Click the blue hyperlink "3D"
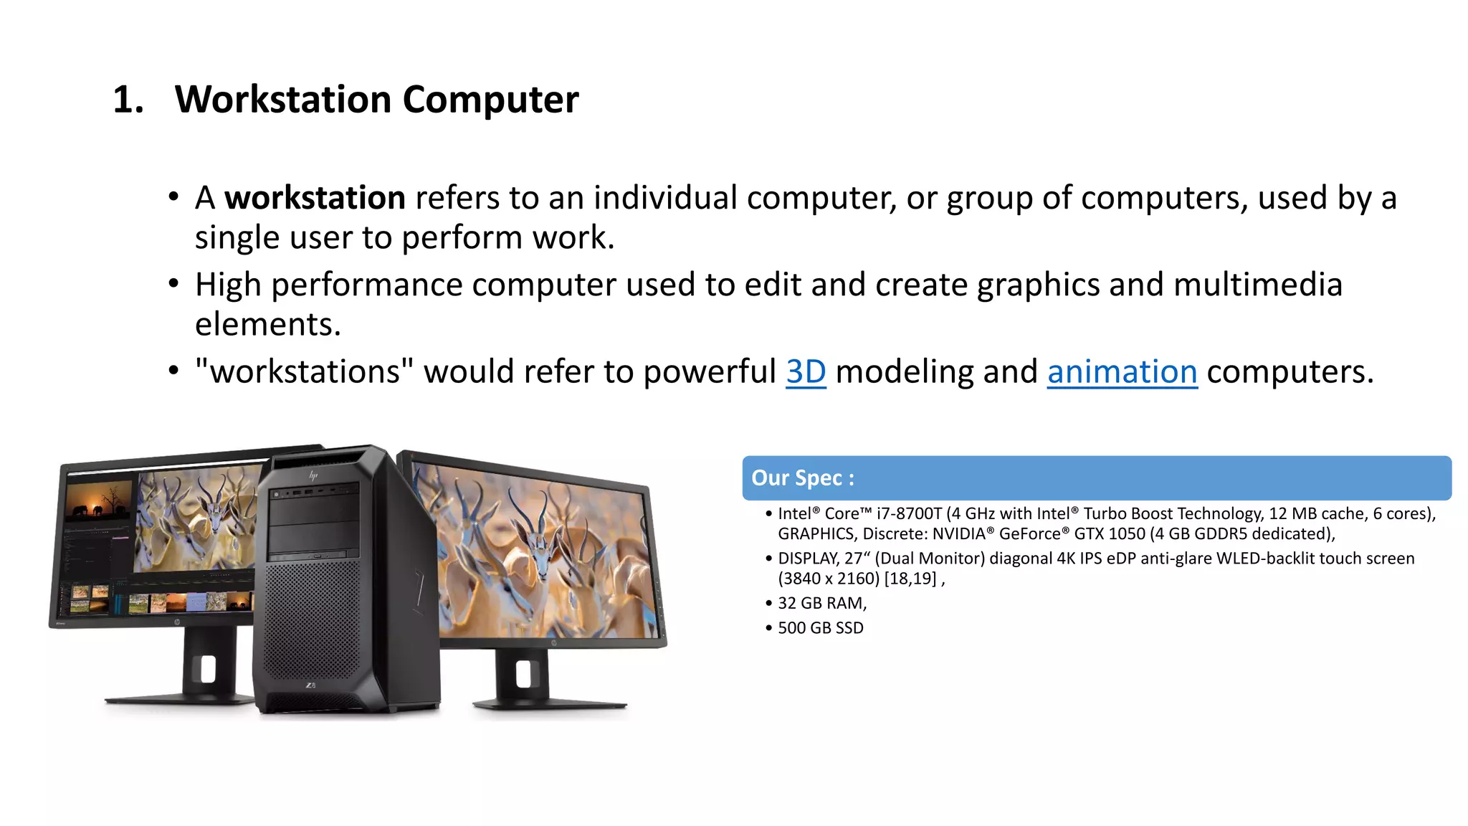[x=806, y=372]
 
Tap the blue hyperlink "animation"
[x=1122, y=372]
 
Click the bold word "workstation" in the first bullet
[x=315, y=198]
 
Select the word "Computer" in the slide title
[x=490, y=99]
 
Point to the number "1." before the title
[x=128, y=99]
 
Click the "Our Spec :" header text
[x=802, y=478]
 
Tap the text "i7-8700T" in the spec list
[x=908, y=513]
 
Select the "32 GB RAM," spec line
[x=822, y=603]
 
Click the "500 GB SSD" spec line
[x=821, y=628]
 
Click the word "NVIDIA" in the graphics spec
[x=959, y=534]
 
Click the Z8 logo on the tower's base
[x=310, y=685]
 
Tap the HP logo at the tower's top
[x=313, y=475]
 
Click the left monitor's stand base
[x=179, y=697]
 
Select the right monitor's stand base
[x=548, y=703]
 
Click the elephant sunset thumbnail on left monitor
[x=99, y=500]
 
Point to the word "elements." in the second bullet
[x=268, y=325]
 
